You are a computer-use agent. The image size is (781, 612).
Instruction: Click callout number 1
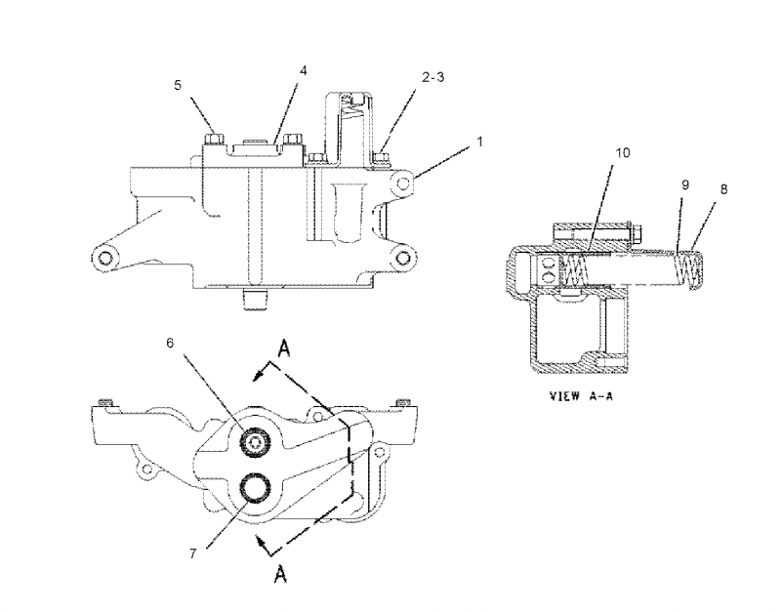tap(479, 143)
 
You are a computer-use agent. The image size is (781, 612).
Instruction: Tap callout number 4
tap(303, 71)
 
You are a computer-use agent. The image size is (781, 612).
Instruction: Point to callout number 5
tap(178, 85)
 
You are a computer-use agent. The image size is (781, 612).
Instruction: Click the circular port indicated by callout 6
tap(256, 443)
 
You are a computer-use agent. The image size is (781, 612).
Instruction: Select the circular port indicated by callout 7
tap(256, 487)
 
